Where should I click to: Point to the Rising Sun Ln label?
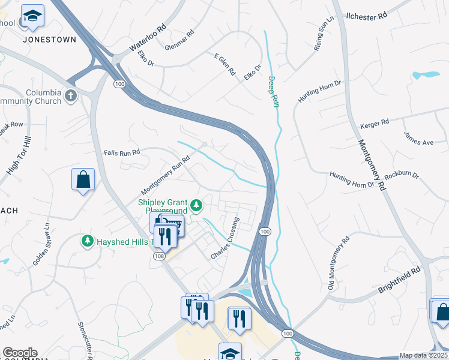(x=324, y=37)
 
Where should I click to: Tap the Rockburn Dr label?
(x=402, y=175)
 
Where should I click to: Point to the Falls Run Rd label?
(x=121, y=152)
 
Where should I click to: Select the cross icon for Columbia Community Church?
(x=71, y=96)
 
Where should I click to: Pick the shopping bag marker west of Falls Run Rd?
(x=83, y=179)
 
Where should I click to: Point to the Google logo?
(x=19, y=353)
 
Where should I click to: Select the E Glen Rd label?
(x=224, y=63)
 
